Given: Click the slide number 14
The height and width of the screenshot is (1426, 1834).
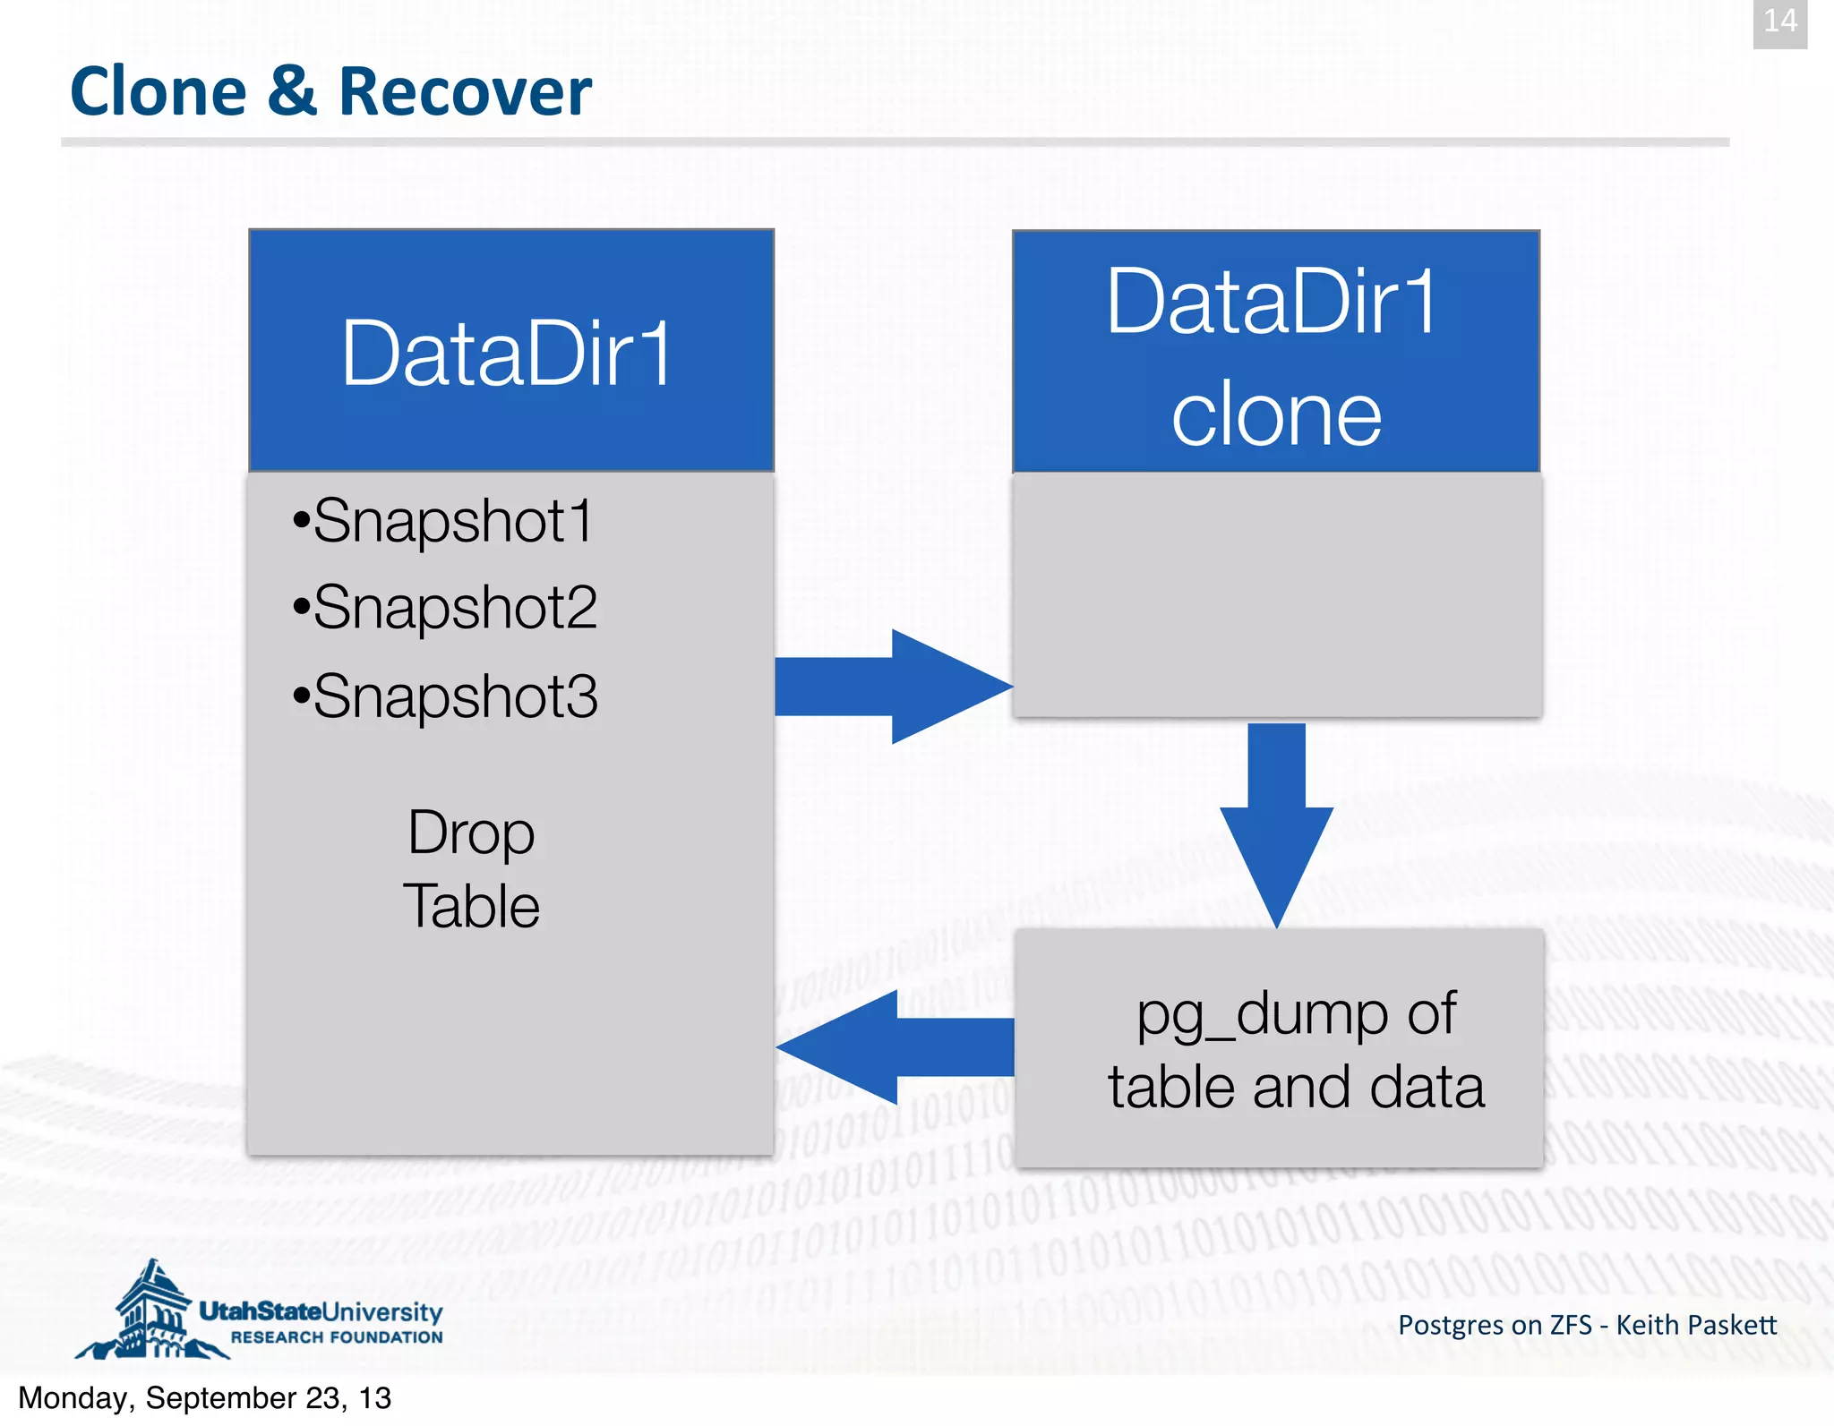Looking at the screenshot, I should tap(1779, 21).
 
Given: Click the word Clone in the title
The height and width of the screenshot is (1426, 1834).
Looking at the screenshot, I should tap(158, 92).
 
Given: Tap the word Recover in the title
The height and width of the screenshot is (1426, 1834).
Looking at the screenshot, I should tap(465, 92).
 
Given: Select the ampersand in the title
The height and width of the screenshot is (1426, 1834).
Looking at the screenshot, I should tap(292, 92).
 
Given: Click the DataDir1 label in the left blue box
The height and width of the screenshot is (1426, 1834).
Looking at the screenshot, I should tap(506, 354).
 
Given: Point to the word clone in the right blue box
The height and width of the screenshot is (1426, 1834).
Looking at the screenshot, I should tap(1276, 417).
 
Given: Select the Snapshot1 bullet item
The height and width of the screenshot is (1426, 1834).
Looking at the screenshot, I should tap(444, 521).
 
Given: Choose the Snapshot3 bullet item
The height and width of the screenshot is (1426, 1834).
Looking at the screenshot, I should tap(446, 696).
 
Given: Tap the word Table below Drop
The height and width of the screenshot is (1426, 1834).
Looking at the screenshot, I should tap(471, 907).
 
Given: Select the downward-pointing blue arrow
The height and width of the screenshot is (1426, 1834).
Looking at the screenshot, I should tap(1276, 824).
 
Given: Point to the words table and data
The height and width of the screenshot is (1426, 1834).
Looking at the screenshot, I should tap(1296, 1088).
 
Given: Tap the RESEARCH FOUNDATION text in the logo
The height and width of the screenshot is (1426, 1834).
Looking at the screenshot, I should tap(337, 1337).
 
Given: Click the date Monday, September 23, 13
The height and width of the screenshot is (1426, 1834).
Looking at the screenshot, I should tap(205, 1398).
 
